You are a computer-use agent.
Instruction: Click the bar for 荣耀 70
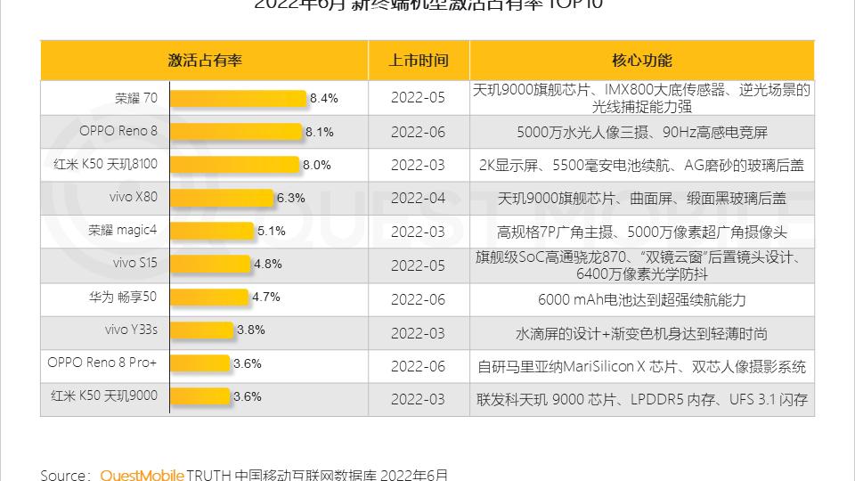coord(239,98)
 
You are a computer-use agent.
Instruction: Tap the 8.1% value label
coord(319,132)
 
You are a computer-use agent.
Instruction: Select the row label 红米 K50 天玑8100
coord(106,164)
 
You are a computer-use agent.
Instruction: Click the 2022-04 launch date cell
coord(418,198)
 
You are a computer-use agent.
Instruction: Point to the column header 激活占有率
coord(205,61)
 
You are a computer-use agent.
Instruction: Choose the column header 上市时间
coord(418,61)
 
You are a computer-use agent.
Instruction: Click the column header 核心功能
coord(641,61)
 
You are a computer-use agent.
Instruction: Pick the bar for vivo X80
coord(222,198)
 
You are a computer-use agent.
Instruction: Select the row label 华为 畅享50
coord(123,297)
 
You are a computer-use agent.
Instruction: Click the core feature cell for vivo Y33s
coord(641,334)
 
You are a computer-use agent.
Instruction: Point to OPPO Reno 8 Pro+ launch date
coord(418,366)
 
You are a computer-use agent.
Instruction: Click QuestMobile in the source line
coord(142,475)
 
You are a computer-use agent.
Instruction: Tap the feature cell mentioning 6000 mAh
coord(641,300)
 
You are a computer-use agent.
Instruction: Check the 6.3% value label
coord(291,198)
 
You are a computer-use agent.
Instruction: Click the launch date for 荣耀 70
coord(418,98)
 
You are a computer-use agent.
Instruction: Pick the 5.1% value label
coord(271,231)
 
